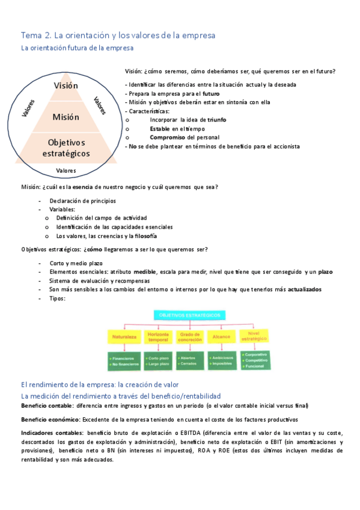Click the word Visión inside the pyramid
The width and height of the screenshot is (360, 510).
coord(66,86)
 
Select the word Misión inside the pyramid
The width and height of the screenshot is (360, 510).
coord(66,117)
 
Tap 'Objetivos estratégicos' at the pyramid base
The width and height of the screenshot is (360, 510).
coord(66,148)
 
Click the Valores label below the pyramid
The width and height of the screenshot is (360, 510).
coord(66,171)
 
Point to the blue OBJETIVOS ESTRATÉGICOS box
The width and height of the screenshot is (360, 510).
coord(189,315)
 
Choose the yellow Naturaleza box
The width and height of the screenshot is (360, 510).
coord(124,337)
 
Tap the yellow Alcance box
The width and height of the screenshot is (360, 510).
coord(223,337)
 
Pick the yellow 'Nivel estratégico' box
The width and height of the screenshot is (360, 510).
coord(257,337)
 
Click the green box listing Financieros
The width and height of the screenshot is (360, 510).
coord(124,361)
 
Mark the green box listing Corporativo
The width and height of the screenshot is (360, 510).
coord(257,361)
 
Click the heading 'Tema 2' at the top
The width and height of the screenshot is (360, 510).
coord(36,35)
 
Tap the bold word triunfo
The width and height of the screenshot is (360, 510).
coord(213,120)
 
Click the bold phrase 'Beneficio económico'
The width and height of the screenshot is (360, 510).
coord(50,419)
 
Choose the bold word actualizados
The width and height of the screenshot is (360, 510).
coord(305,289)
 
